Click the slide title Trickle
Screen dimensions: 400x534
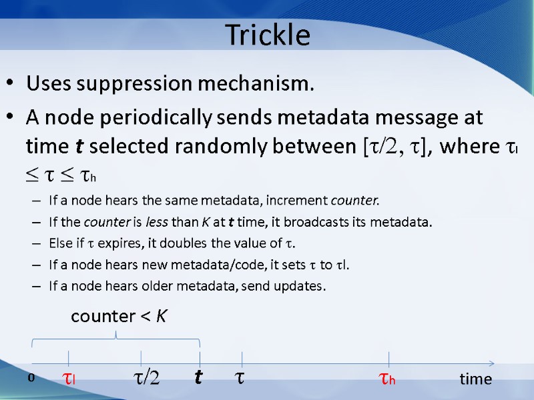coord(268,35)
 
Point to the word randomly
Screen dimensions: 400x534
coord(236,146)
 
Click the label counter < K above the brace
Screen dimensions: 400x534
coord(119,317)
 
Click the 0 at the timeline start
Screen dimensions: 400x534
coord(31,378)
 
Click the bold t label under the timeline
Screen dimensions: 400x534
coord(198,379)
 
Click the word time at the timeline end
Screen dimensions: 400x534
coord(475,379)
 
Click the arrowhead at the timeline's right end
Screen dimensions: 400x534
coord(491,364)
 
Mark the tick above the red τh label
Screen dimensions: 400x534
coord(388,359)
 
